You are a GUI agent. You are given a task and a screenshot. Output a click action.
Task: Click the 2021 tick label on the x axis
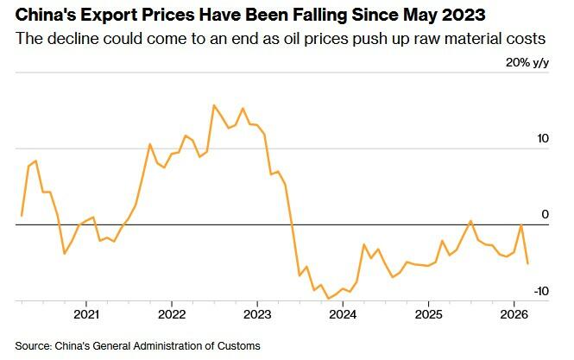[86, 314]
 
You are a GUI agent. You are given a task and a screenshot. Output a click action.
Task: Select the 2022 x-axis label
[172, 314]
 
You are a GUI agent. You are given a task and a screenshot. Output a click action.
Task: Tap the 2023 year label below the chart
[257, 314]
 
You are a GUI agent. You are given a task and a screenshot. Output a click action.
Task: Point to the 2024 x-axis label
[343, 314]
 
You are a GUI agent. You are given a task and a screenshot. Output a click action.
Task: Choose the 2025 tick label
[428, 314]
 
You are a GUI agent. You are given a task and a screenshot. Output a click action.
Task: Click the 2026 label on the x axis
[514, 314]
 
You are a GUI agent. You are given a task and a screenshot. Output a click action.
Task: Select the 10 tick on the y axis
[543, 138]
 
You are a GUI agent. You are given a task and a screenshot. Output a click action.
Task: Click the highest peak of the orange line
[214, 105]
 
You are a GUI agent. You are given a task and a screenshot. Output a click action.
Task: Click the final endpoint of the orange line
[528, 263]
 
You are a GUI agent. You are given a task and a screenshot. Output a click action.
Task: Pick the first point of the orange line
[22, 215]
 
